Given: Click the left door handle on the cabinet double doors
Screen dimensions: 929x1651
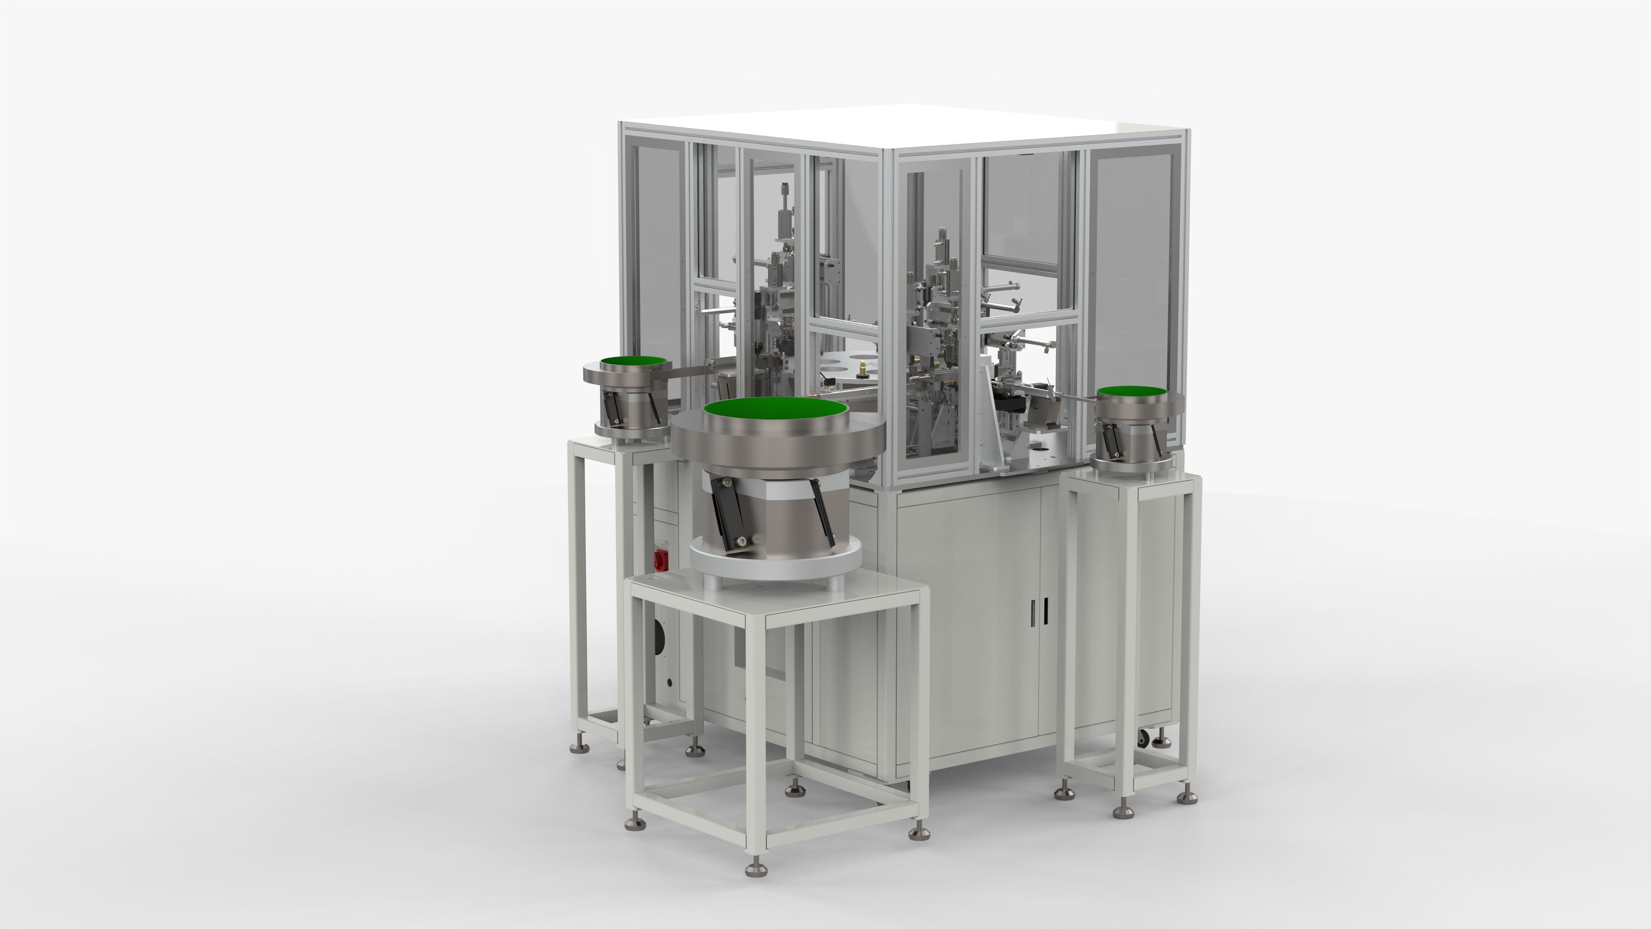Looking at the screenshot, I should (x=1032, y=612).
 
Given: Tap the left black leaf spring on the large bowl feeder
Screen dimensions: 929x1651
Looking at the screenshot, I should (x=729, y=523).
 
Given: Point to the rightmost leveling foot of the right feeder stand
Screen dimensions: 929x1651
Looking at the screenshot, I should (x=1187, y=797).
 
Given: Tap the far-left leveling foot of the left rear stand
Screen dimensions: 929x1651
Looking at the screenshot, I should (x=579, y=747).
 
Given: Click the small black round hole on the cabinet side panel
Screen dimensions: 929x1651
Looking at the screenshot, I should (x=669, y=683).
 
